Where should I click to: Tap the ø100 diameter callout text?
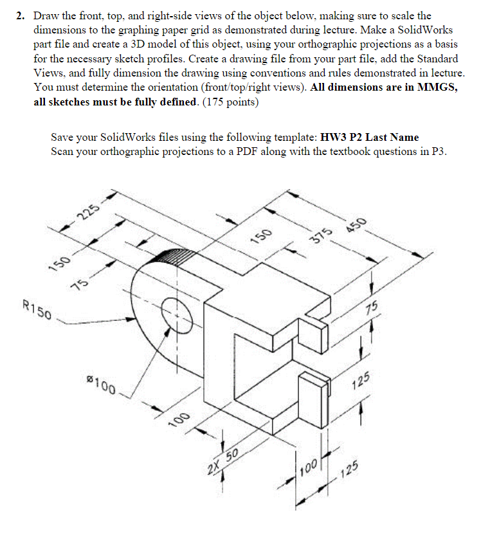pyautogui.click(x=102, y=386)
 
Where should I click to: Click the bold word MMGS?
pyautogui.click(x=436, y=88)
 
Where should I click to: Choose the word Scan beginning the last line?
pyautogui.click(x=63, y=152)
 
